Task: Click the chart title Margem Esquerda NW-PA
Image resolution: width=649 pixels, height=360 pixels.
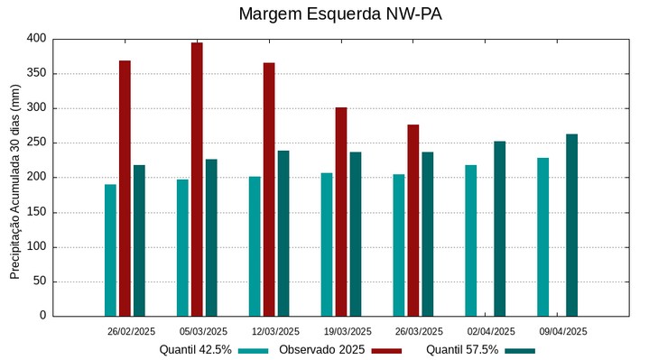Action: coord(340,14)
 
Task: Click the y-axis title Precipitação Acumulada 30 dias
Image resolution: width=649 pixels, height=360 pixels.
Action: coord(14,177)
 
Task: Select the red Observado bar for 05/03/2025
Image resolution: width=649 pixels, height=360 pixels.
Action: coord(197,179)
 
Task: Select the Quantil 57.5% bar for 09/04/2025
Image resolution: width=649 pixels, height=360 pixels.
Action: coord(571,225)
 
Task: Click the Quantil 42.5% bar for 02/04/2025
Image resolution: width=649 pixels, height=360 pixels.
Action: coord(470,240)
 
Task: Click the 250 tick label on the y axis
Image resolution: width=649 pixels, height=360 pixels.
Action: coord(35,143)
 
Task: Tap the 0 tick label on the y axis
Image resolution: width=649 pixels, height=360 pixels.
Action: coord(42,316)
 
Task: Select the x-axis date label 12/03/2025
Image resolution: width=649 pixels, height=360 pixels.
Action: coord(274,331)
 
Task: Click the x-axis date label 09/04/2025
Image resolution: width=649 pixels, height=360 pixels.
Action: coord(563,331)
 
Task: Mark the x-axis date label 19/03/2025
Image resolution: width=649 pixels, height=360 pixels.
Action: coord(347,331)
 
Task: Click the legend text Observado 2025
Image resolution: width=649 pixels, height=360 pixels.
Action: coord(321,350)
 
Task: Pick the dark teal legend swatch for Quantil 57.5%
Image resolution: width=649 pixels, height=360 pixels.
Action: coord(520,350)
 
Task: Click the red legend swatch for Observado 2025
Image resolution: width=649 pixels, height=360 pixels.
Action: coord(386,350)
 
